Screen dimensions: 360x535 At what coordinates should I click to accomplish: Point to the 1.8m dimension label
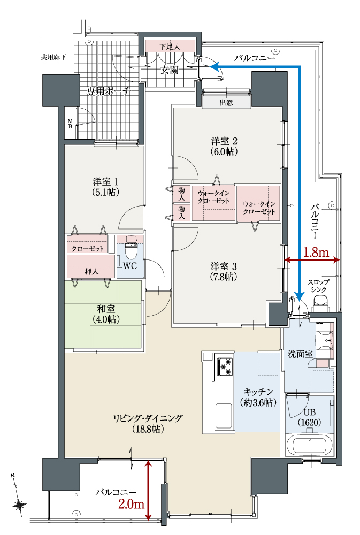coord(316,253)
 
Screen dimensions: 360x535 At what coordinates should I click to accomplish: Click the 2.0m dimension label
coord(132,504)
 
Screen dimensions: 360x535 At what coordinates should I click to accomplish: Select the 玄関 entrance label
coord(170,70)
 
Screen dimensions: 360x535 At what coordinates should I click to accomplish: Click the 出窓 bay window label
coord(226,102)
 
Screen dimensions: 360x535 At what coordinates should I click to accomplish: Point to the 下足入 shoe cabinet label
coord(170,47)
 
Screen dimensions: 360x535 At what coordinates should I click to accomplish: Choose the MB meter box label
coord(70,124)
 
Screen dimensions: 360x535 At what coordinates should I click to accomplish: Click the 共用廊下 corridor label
coord(53,57)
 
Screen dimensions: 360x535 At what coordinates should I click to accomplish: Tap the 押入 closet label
coord(91,272)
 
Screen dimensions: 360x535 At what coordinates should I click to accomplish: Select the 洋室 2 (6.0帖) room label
coord(224,146)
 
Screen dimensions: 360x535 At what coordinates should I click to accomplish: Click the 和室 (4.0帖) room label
coord(106,314)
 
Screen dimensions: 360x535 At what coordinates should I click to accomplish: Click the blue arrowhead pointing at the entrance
coord(213,66)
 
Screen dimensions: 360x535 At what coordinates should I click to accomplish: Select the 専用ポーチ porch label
coord(108,91)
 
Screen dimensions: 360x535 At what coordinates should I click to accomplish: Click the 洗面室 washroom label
coord(300,354)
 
